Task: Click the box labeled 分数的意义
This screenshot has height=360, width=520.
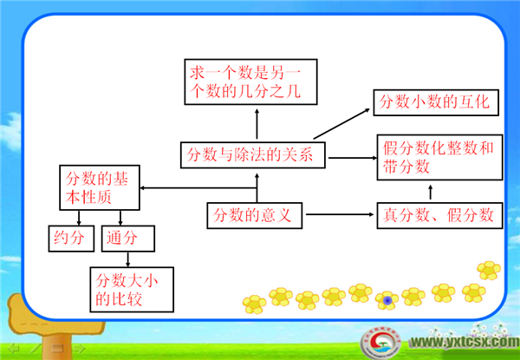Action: [254, 215]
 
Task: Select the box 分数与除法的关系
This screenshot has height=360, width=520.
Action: [253, 155]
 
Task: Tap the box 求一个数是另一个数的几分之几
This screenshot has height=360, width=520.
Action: [250, 82]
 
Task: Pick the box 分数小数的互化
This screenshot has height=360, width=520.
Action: [436, 102]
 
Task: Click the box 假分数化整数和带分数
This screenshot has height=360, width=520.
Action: [439, 157]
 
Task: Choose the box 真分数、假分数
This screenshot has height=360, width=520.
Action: [439, 215]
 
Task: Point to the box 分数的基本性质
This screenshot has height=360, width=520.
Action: [100, 187]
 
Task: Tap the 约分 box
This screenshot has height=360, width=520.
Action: [71, 239]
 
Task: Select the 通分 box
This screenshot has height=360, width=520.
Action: [128, 239]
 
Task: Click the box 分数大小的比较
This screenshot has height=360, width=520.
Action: [132, 290]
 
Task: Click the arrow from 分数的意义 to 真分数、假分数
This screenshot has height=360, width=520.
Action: [340, 214]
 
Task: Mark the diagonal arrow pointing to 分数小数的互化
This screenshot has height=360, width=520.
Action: [341, 123]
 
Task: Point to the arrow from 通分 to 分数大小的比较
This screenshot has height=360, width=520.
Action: [128, 259]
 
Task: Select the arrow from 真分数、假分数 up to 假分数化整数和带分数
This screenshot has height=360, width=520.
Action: [431, 192]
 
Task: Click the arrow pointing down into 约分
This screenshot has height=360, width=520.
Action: [79, 218]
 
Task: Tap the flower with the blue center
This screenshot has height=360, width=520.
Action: [387, 300]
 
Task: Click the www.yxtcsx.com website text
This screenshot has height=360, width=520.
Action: [465, 342]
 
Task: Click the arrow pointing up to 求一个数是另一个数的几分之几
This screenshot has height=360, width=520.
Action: [257, 123]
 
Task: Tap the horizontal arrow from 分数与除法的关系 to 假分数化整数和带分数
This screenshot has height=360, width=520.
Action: [353, 158]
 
